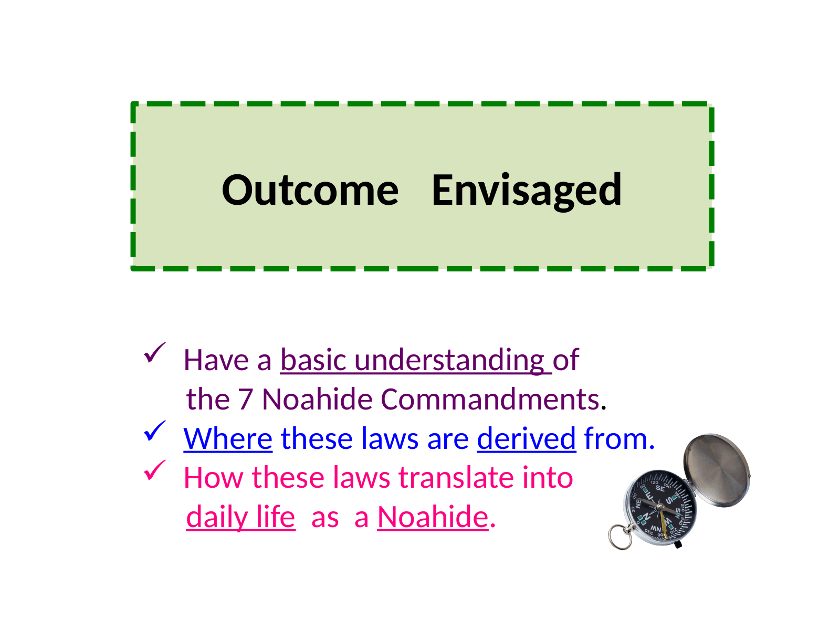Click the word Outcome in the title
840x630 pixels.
coord(310,190)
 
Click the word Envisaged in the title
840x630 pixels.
coord(526,191)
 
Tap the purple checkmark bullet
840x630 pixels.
coord(154,352)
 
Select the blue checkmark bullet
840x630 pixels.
coord(154,431)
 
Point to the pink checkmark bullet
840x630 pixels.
coord(154,470)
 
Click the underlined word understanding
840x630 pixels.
coord(449,360)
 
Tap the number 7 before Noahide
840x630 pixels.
coord(245,400)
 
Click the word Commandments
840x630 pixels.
coord(490,399)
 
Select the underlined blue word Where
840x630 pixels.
coord(228,439)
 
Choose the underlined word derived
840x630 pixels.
coord(526,438)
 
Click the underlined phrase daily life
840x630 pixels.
coord(240,517)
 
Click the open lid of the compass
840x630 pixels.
coord(717,470)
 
